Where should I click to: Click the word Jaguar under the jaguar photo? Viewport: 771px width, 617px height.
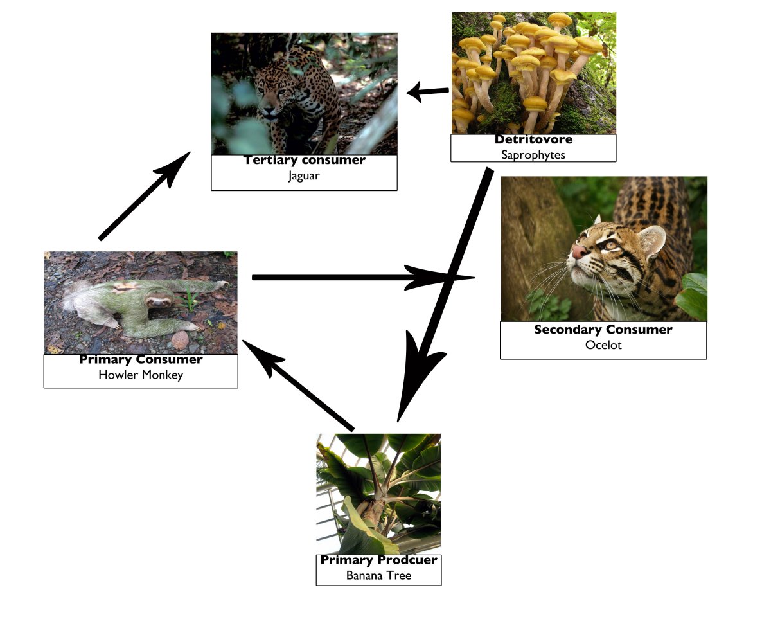(304, 175)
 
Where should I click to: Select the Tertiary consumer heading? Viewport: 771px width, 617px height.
(304, 160)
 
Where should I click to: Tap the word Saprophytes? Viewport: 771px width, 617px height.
(533, 155)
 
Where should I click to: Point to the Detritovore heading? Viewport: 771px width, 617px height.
(533, 139)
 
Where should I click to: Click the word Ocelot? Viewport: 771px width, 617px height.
(603, 345)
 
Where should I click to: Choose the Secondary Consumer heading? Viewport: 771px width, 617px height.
(603, 330)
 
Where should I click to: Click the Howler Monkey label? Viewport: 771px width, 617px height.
(141, 375)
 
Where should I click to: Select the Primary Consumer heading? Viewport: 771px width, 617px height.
(141, 359)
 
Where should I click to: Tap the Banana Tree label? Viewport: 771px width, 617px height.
(378, 575)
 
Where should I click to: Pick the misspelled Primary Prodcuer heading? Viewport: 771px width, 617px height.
(378, 560)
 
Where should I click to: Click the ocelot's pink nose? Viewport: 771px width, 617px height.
(580, 251)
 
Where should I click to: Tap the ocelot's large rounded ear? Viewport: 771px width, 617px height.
(652, 241)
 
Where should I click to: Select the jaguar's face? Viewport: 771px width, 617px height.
(269, 98)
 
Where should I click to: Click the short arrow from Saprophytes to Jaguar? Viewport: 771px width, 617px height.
(428, 91)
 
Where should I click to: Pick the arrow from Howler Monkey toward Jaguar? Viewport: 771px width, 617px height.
(145, 195)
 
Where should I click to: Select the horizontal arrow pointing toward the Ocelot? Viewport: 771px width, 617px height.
(363, 278)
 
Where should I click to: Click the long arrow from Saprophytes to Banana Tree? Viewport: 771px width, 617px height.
(444, 295)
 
